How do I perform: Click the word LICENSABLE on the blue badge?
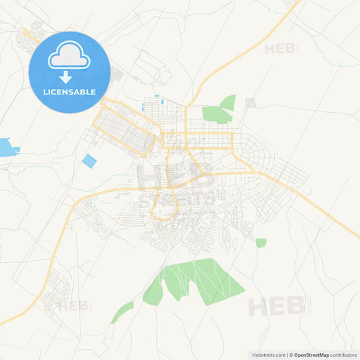pos(70,91)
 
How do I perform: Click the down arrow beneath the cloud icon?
pos(66,76)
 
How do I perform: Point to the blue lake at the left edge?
pos(6,147)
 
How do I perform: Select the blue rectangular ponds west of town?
pos(88,161)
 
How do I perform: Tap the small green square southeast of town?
pos(261,242)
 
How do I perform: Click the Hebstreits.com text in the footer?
pos(269,355)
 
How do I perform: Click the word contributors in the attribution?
pos(344,355)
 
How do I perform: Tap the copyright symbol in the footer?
pos(290,355)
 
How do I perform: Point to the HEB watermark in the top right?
pos(280,49)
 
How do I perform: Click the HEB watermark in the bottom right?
pos(276,306)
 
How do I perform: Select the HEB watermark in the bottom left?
pos(73,305)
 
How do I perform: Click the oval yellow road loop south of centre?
pos(165,205)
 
